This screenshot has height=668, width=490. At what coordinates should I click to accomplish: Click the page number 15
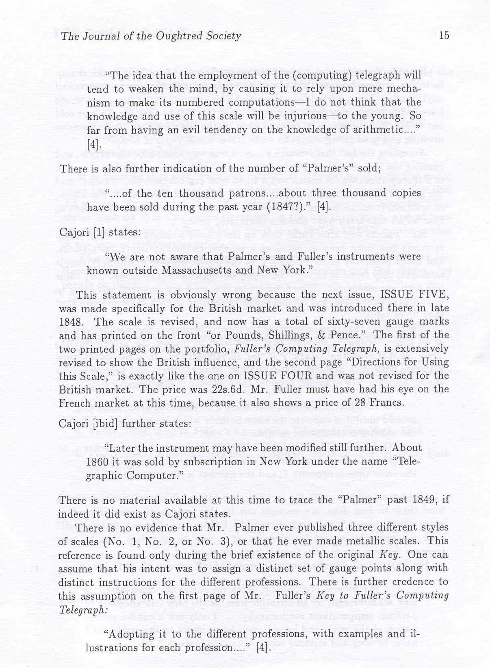[444, 36]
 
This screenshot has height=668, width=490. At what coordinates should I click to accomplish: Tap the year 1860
[97, 462]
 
